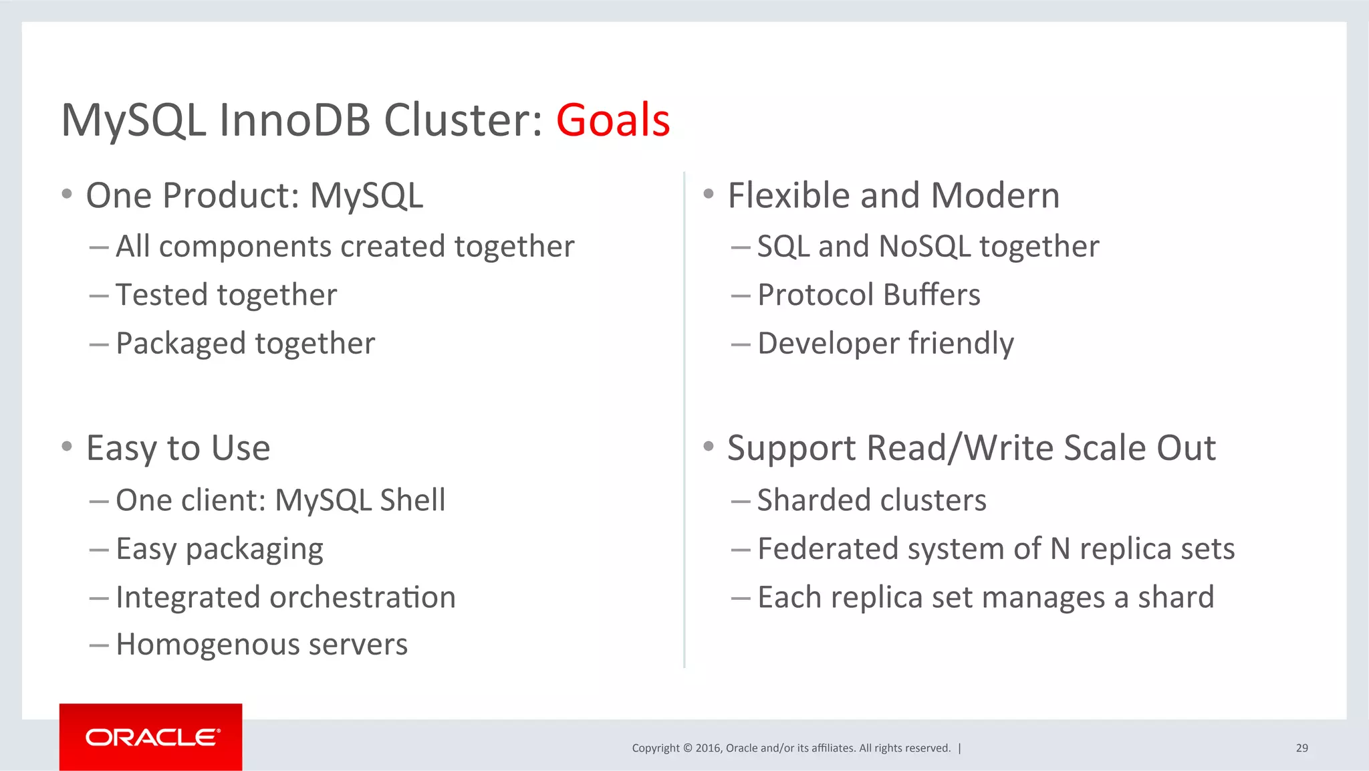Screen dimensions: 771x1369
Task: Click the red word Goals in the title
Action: click(612, 120)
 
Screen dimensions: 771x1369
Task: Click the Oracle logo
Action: click(152, 738)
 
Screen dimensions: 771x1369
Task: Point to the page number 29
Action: click(1301, 748)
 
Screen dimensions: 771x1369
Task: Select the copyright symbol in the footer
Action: click(687, 748)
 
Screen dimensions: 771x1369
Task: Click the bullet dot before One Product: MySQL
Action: click(66, 195)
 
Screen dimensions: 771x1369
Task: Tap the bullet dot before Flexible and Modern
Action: click(709, 195)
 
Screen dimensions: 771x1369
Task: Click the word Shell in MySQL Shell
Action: click(412, 500)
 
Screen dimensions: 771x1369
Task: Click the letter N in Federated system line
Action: click(1060, 549)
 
